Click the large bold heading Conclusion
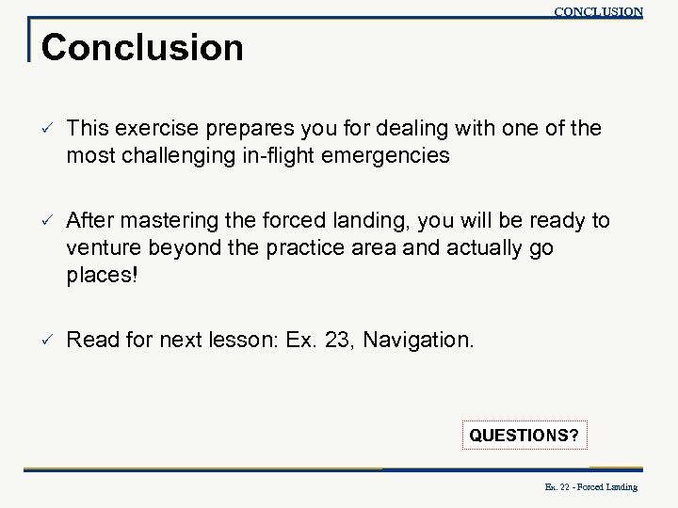(x=142, y=47)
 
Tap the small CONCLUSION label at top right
(x=598, y=12)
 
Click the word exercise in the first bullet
(x=149, y=128)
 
